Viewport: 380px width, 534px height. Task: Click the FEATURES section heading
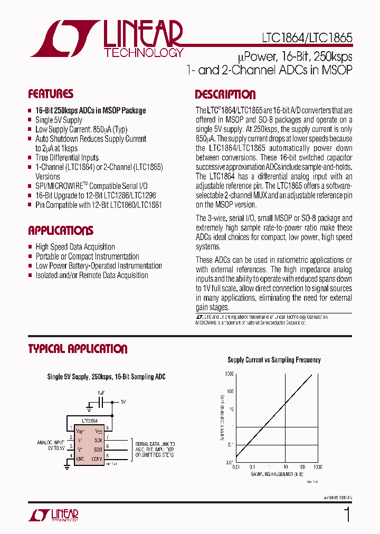click(x=51, y=94)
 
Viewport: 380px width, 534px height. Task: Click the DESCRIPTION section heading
click(x=225, y=95)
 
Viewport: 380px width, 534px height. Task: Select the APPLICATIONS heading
click(x=61, y=231)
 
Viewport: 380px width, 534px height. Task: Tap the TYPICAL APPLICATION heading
click(x=78, y=349)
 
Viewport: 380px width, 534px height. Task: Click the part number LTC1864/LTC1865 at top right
click(x=307, y=38)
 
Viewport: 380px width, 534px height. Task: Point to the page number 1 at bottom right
click(x=347, y=514)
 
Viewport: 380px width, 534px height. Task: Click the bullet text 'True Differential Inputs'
click(x=67, y=158)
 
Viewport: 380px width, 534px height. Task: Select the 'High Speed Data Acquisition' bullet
click(x=75, y=247)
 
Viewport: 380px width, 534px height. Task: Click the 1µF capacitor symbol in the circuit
click(x=101, y=402)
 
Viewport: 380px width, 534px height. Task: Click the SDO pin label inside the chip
click(x=99, y=449)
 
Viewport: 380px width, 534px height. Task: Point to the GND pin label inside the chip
click(x=80, y=459)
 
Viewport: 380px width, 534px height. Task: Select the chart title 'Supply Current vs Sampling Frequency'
click(x=274, y=360)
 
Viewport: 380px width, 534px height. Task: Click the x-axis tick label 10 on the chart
click(x=285, y=468)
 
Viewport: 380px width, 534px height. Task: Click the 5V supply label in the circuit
click(x=123, y=402)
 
